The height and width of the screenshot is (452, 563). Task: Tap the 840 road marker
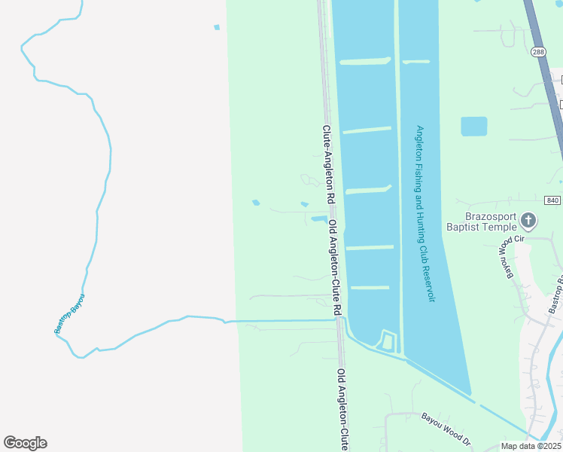click(552, 200)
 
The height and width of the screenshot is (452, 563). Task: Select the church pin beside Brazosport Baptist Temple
click(528, 221)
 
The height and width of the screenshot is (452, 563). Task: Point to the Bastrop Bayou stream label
click(69, 314)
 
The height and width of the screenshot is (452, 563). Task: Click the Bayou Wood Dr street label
click(445, 428)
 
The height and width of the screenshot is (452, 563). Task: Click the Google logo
click(25, 443)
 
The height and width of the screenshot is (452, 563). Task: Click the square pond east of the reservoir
click(473, 126)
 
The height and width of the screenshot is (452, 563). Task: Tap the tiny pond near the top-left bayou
click(217, 28)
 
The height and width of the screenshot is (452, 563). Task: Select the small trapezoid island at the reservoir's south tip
click(387, 343)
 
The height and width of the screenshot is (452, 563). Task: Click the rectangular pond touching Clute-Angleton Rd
click(318, 219)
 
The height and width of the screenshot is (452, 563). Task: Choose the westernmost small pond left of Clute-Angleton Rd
click(256, 203)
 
